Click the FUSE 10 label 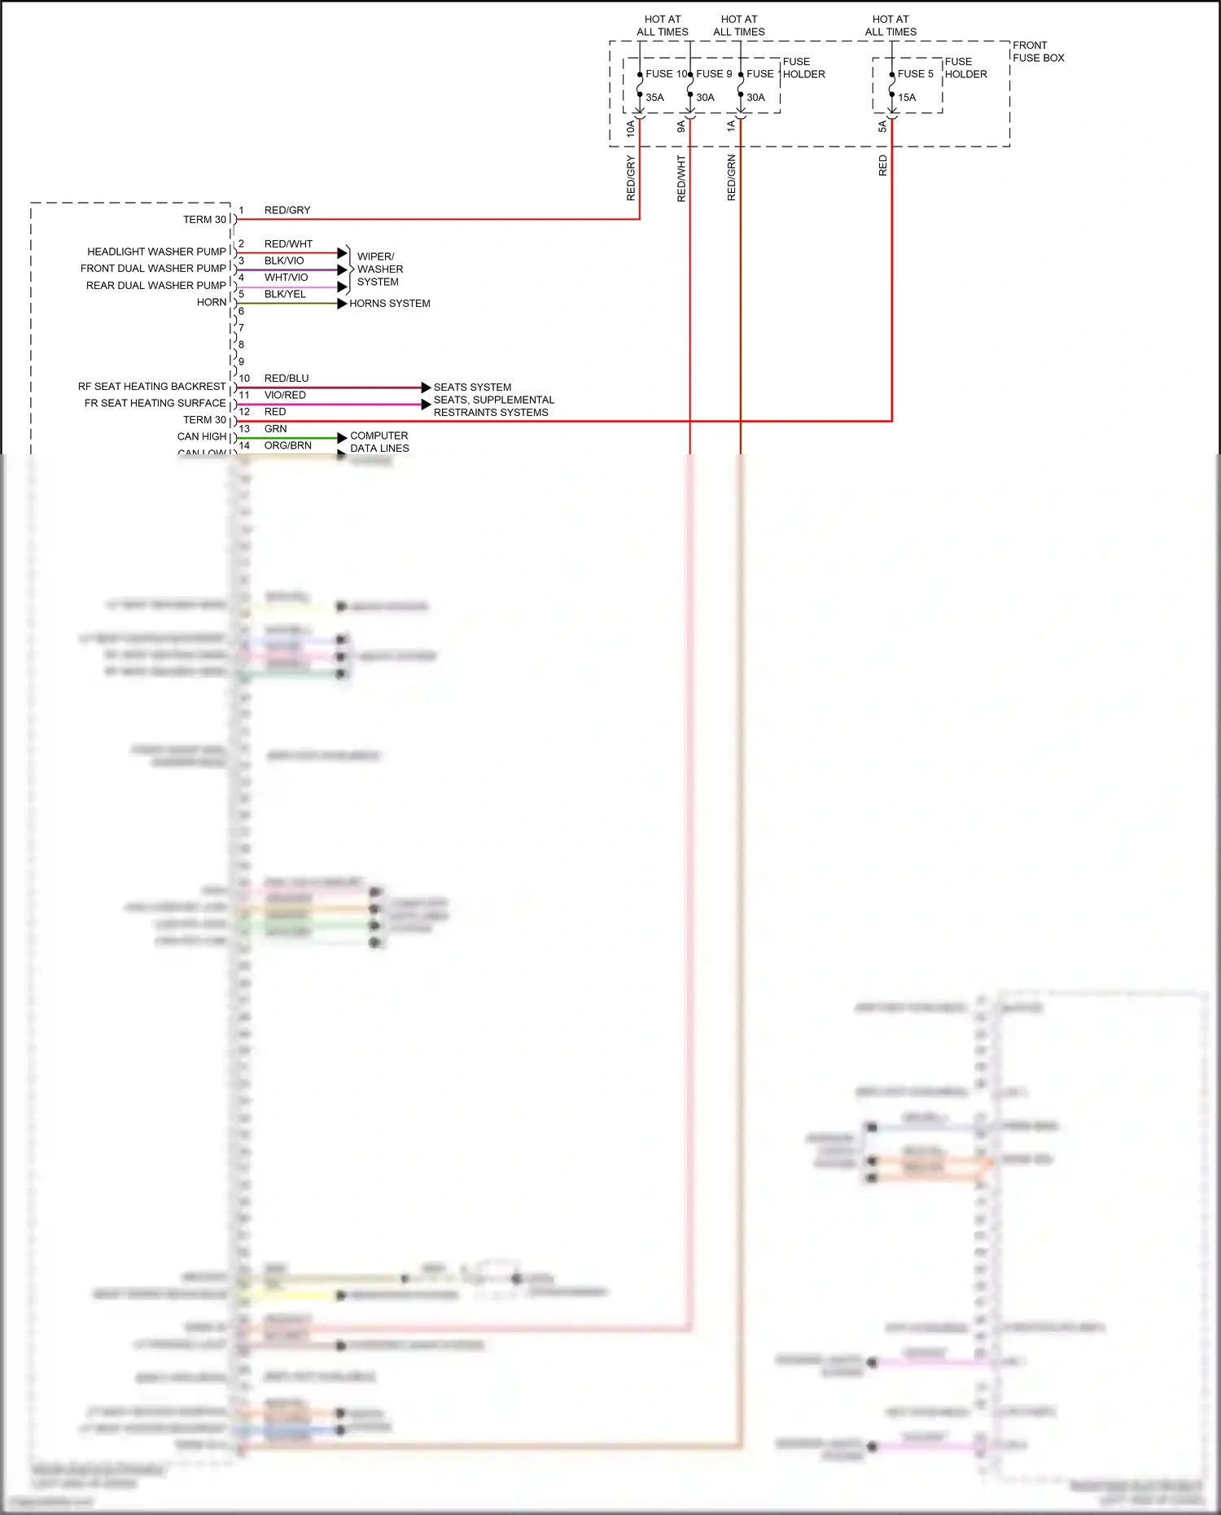click(x=666, y=74)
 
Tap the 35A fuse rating click(x=654, y=98)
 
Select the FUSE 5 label click(x=915, y=74)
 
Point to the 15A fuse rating click(x=907, y=98)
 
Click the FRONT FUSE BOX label click(x=1038, y=51)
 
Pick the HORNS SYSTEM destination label click(x=390, y=304)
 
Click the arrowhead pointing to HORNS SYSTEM click(x=343, y=304)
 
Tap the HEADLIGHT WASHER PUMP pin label click(x=156, y=252)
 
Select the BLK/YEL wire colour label click(x=285, y=295)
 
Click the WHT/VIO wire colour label click(x=286, y=278)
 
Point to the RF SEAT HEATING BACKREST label click(x=151, y=387)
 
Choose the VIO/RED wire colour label click(x=285, y=396)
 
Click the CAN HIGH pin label click(x=201, y=437)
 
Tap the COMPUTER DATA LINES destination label click(x=379, y=442)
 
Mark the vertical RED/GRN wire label click(x=731, y=177)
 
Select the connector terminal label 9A click(x=681, y=127)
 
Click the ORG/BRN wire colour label click(x=287, y=446)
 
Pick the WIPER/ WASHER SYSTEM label click(x=379, y=269)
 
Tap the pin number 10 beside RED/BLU click(x=244, y=379)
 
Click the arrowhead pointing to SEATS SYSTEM click(x=426, y=388)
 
